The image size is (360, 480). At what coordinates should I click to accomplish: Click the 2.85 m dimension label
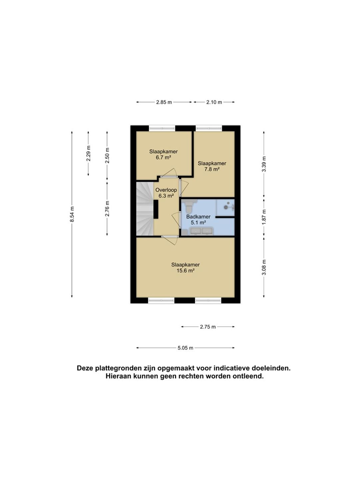click(164, 102)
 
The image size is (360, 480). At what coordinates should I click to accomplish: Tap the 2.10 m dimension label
click(214, 102)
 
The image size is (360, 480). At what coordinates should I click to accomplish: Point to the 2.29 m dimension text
click(88, 153)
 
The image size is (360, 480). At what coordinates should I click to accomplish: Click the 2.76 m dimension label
click(107, 208)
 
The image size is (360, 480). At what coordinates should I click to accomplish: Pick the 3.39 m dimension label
click(264, 164)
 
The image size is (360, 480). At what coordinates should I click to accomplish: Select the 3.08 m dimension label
click(264, 267)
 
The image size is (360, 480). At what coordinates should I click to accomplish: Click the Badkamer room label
click(198, 217)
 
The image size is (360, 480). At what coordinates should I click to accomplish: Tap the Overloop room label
click(166, 190)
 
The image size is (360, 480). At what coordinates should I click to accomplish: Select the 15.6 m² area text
click(186, 271)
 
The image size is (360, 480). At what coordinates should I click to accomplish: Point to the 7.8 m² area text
click(212, 169)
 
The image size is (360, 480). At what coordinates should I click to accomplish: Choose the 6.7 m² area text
click(163, 157)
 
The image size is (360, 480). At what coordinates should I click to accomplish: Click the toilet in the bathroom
click(188, 206)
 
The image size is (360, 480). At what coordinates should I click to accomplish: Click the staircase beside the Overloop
click(145, 209)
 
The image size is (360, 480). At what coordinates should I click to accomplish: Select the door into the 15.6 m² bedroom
click(170, 240)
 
